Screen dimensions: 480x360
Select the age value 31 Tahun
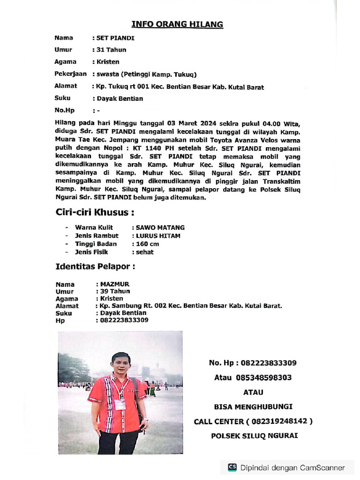tap(111, 50)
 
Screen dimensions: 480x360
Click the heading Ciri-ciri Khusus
tap(95, 212)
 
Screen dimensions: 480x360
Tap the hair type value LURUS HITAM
tap(157, 236)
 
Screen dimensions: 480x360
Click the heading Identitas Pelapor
tap(95, 267)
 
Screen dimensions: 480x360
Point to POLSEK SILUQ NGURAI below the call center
tap(255, 435)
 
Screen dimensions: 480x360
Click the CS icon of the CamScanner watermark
tap(232, 467)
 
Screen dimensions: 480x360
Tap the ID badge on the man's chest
tap(120, 404)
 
